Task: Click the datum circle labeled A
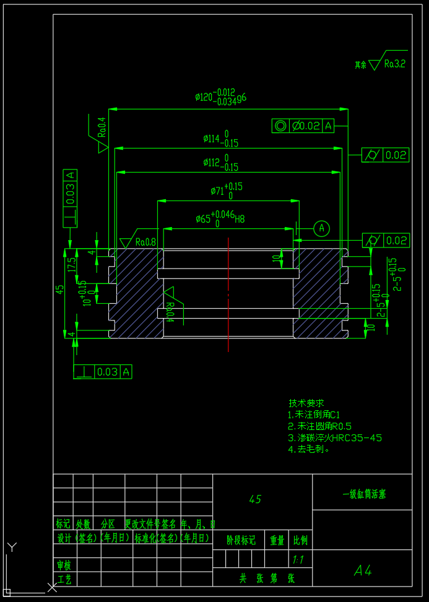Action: pyautogui.click(x=321, y=228)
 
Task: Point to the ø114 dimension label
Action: pyautogui.click(x=220, y=139)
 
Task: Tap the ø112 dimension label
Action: pyautogui.click(x=220, y=163)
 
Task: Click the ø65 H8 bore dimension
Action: pyautogui.click(x=220, y=218)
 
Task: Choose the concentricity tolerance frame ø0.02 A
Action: pyautogui.click(x=303, y=126)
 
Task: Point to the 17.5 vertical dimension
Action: pyautogui.click(x=72, y=265)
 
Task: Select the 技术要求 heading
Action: pyautogui.click(x=306, y=403)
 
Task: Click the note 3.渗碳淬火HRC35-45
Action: pyautogui.click(x=334, y=437)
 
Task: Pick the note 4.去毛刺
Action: pyautogui.click(x=309, y=449)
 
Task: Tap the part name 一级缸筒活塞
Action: pyautogui.click(x=365, y=494)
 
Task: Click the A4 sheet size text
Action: pyautogui.click(x=363, y=570)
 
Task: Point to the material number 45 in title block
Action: pyautogui.click(x=255, y=499)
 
